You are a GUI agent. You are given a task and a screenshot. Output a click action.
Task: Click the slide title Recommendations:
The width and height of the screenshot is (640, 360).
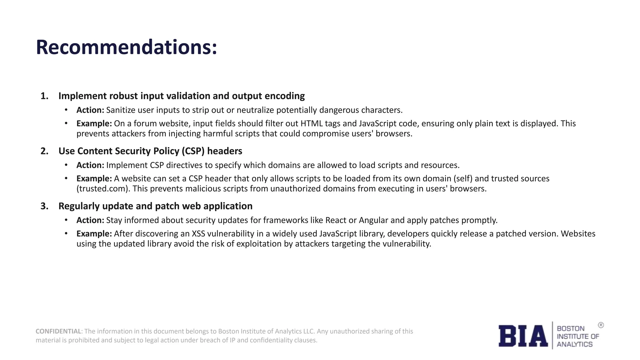tap(126, 47)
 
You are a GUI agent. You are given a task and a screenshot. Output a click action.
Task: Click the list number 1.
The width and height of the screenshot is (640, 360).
tap(44, 96)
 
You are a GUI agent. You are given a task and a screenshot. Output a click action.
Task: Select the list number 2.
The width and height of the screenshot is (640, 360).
tap(44, 151)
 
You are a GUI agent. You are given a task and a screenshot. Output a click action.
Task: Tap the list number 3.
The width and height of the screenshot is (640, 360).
tap(44, 206)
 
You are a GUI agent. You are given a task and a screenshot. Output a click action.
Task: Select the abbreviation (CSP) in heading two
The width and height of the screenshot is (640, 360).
tap(193, 151)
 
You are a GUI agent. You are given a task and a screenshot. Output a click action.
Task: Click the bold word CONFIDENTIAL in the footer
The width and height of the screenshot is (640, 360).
tap(58, 331)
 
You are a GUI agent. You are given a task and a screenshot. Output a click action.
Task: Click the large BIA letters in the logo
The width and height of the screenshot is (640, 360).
tap(523, 336)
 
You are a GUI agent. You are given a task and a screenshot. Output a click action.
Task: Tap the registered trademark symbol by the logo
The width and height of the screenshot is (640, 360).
tap(601, 325)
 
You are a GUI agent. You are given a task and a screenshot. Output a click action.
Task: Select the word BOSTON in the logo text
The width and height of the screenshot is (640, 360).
tap(571, 329)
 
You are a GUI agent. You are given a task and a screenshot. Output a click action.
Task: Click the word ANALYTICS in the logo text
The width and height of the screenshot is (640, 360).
tap(574, 344)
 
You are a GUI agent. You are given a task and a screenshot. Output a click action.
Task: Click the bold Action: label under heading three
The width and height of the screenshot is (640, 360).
tap(90, 220)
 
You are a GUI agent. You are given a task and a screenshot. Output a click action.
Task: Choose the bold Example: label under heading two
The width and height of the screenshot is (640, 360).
tap(94, 179)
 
